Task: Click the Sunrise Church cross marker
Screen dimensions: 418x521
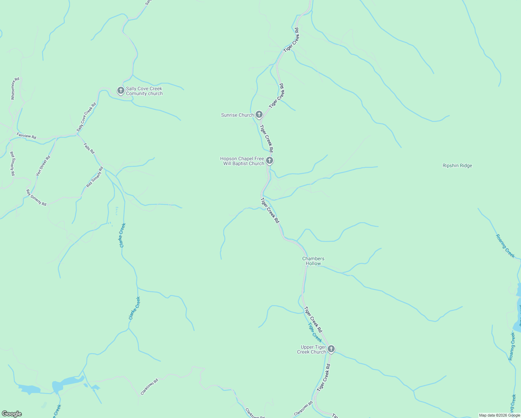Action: click(259, 114)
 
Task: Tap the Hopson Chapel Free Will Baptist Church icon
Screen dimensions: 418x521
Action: click(270, 161)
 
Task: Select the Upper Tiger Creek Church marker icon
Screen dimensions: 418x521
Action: click(331, 349)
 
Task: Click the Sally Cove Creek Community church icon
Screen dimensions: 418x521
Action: click(120, 91)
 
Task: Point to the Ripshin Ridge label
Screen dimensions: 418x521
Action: click(457, 166)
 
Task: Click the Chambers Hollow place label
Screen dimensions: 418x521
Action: click(313, 261)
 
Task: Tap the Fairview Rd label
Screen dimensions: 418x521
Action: click(26, 136)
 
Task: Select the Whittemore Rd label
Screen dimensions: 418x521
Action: click(15, 88)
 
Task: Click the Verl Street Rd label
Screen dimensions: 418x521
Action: click(43, 165)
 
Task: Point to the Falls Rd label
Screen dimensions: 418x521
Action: click(89, 148)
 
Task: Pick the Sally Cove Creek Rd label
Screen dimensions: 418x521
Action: click(86, 117)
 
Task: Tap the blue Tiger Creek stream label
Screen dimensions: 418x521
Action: click(315, 333)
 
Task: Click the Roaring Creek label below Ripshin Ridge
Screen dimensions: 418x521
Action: click(505, 246)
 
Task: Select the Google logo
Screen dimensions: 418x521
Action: click(11, 414)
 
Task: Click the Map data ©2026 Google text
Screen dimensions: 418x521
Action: click(499, 415)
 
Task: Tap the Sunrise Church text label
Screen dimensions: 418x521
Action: click(237, 115)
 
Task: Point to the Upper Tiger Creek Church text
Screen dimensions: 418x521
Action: click(311, 349)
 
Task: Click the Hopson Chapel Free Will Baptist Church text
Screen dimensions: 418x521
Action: click(242, 161)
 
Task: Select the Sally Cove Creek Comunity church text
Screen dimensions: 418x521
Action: click(144, 91)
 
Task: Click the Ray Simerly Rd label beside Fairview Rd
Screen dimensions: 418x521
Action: click(12, 163)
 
